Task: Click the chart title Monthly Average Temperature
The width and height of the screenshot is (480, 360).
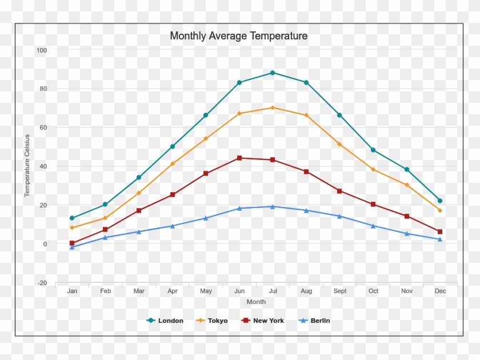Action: (x=239, y=36)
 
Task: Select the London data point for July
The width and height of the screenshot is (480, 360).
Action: (x=273, y=73)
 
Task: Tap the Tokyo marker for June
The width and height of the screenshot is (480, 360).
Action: (x=239, y=114)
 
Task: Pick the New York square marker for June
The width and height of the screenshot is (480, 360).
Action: (x=239, y=158)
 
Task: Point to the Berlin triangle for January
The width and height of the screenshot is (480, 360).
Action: (x=72, y=247)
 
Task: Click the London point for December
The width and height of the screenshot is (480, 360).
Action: (x=440, y=201)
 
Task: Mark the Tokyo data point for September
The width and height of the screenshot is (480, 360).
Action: (x=339, y=144)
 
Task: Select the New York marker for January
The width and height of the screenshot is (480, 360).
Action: (x=72, y=243)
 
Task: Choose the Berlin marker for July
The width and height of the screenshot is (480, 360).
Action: (x=273, y=207)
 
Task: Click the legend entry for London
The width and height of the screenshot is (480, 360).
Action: (x=165, y=321)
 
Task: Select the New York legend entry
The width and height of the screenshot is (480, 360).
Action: (x=263, y=321)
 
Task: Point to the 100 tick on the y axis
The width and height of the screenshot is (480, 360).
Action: (x=42, y=50)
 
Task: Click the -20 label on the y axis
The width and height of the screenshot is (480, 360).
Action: (x=42, y=283)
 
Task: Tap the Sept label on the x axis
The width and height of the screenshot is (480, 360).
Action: (x=340, y=291)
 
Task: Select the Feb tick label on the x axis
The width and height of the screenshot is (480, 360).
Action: (x=106, y=291)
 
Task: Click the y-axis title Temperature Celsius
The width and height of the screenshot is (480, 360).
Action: (x=27, y=166)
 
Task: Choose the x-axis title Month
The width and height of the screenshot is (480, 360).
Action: (x=256, y=302)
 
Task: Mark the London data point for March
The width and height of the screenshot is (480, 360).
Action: (x=139, y=178)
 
